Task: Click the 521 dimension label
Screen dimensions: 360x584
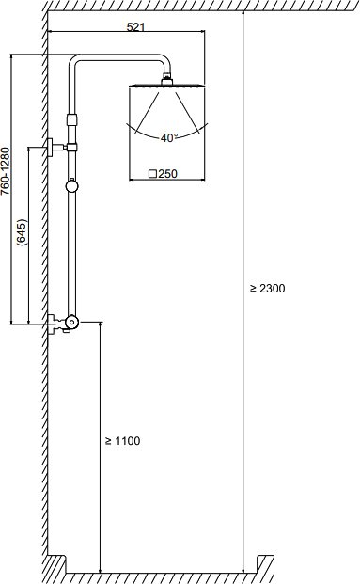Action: (x=135, y=27)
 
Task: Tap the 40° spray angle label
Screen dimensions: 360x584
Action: (x=169, y=138)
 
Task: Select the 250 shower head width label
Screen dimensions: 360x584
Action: (x=168, y=174)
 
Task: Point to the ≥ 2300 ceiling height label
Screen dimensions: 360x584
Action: (x=267, y=289)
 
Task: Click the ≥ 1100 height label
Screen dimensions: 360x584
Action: (x=123, y=441)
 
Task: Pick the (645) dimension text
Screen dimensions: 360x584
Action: (x=23, y=232)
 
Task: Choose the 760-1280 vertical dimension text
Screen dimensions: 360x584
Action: (x=5, y=171)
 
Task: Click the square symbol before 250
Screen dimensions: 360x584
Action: (x=152, y=174)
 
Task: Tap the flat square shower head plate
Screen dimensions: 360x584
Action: (x=166, y=87)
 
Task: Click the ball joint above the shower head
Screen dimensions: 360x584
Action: (x=166, y=80)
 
